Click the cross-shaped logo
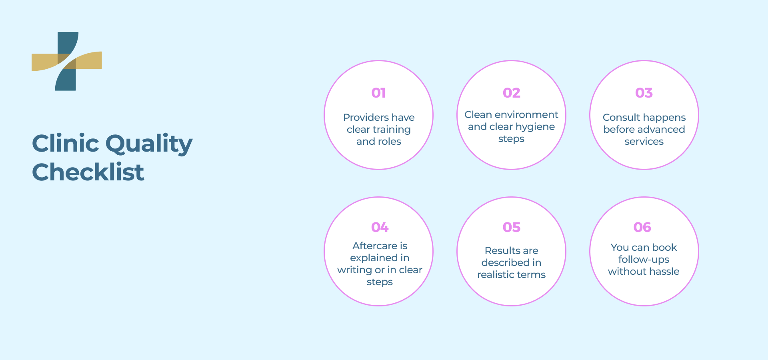pyautogui.click(x=67, y=61)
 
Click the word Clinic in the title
pyautogui.click(x=65, y=143)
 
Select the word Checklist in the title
pyautogui.click(x=88, y=172)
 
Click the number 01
pyautogui.click(x=378, y=93)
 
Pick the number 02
pyautogui.click(x=511, y=93)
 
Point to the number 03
pyautogui.click(x=644, y=93)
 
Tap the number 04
pyautogui.click(x=380, y=227)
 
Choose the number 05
pyautogui.click(x=511, y=227)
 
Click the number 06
pyautogui.click(x=642, y=227)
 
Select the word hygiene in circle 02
pyautogui.click(x=535, y=127)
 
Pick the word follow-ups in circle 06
pyautogui.click(x=644, y=260)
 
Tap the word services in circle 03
pyautogui.click(x=644, y=142)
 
